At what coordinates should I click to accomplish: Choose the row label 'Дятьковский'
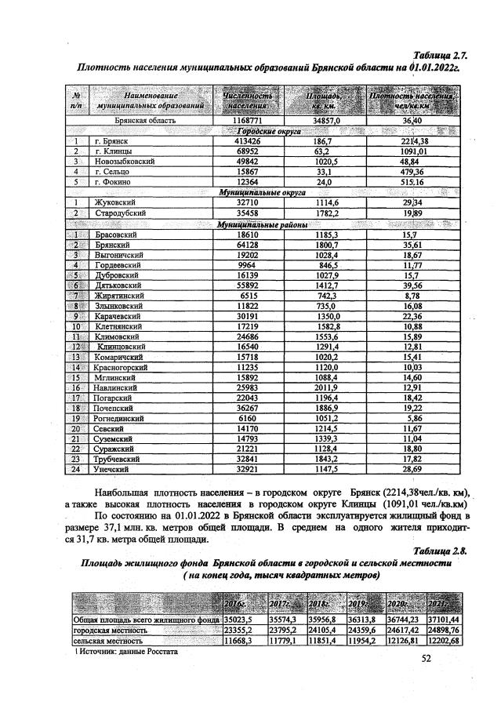pos(117,286)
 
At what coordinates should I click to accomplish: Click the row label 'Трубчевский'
pos(117,459)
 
